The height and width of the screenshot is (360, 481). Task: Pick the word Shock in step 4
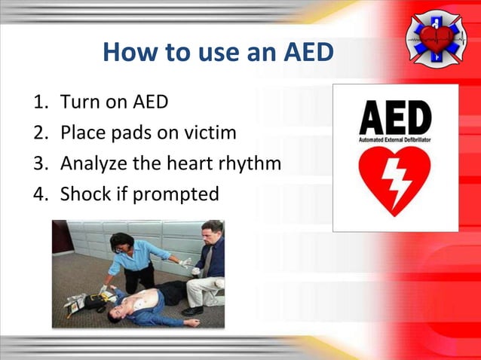[x=85, y=194]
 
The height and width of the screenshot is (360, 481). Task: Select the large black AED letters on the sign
[x=394, y=117]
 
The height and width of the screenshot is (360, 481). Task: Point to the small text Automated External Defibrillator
[x=394, y=139]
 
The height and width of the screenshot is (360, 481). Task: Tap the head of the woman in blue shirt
[x=120, y=243]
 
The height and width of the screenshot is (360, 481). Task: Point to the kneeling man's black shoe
[x=192, y=310]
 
